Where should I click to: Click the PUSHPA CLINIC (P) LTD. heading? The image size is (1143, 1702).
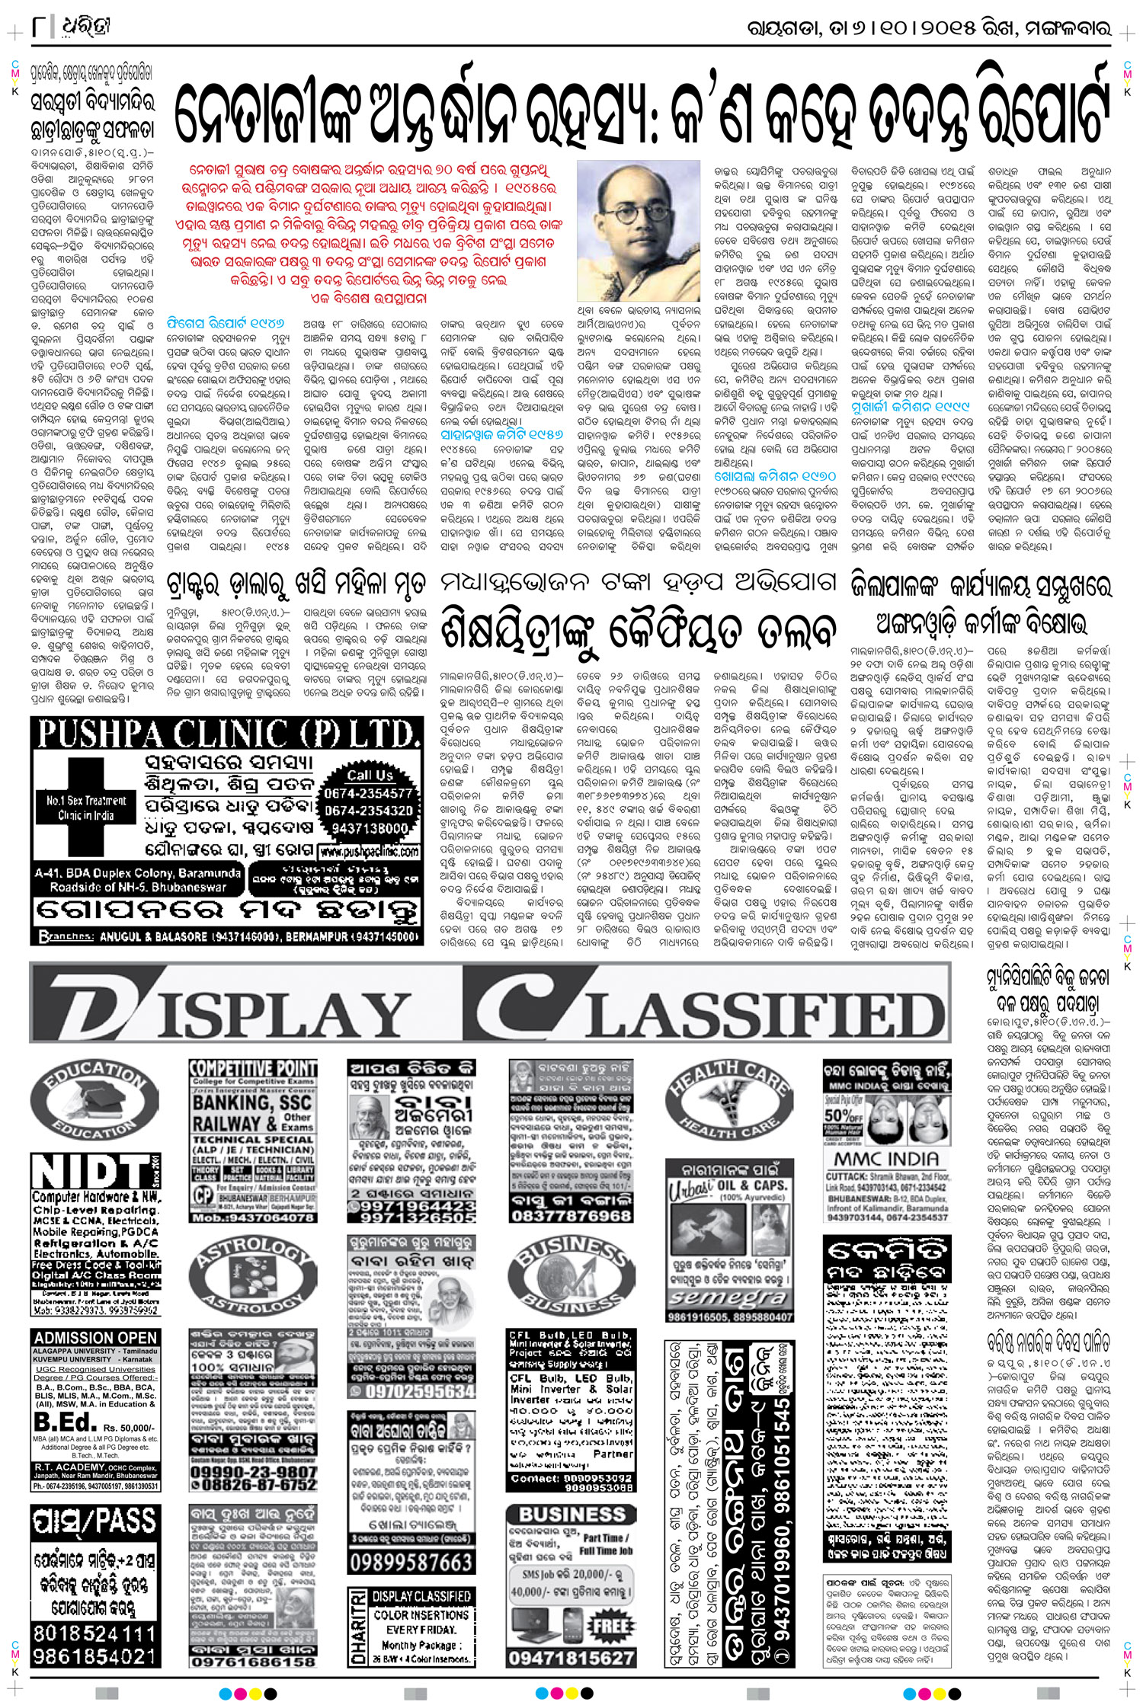click(226, 735)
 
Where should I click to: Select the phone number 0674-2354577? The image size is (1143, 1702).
click(369, 793)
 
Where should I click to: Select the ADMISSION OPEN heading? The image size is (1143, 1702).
click(95, 1338)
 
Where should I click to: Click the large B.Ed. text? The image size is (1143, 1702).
click(66, 1422)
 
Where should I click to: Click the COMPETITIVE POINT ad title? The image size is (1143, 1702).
click(252, 1068)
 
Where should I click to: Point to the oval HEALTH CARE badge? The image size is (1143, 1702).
click(728, 1100)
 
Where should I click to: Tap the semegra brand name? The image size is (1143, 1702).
click(728, 1296)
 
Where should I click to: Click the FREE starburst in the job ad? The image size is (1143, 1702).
click(610, 1626)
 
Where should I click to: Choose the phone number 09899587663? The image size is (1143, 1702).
click(411, 1563)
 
